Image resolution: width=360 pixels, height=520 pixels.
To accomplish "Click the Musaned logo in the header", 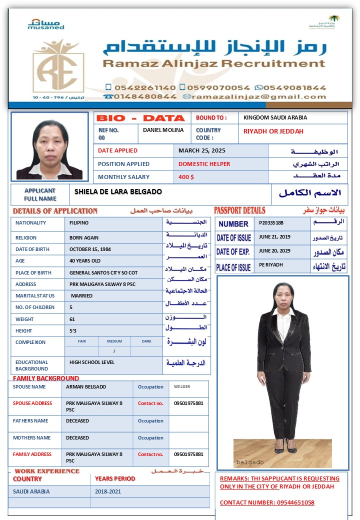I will (46, 24).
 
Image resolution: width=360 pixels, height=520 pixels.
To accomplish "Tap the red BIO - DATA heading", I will (140, 118).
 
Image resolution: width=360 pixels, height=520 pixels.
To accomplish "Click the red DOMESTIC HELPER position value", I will (204, 163).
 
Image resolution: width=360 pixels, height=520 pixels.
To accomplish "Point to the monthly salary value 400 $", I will (186, 177).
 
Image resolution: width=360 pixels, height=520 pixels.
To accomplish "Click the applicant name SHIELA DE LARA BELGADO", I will (118, 191).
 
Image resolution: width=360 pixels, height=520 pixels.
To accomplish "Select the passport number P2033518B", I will (271, 223).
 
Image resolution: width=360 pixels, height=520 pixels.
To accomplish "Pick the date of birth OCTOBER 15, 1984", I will (90, 249).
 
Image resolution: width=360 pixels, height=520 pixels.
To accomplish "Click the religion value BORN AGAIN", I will (84, 237).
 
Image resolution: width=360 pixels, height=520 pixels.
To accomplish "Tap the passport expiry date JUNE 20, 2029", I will (274, 251).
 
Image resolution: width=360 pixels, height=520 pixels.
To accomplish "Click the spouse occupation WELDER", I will (182, 386).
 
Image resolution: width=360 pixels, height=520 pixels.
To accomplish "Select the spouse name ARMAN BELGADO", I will (86, 386).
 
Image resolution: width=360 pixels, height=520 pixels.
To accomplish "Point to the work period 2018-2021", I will (108, 491).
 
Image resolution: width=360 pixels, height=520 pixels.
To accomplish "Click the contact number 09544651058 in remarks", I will (296, 502).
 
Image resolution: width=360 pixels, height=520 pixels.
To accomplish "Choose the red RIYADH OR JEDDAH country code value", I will (273, 131).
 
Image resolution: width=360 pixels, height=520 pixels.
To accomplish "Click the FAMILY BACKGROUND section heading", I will (46, 378).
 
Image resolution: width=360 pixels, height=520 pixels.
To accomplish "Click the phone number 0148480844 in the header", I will (145, 96).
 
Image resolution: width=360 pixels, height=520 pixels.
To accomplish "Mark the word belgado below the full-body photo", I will (249, 462).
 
